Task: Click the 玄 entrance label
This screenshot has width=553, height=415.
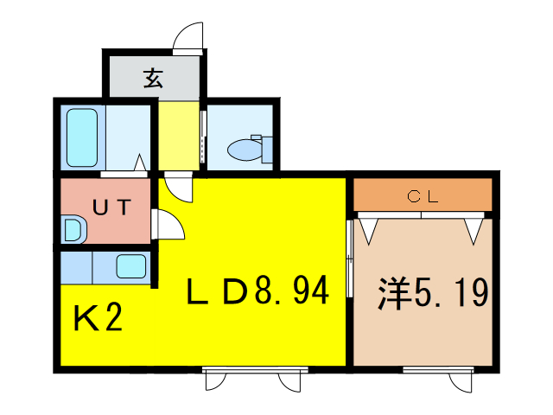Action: click(x=153, y=79)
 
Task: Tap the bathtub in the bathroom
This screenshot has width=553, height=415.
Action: click(x=82, y=137)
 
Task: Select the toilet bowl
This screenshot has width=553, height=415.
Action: click(x=245, y=150)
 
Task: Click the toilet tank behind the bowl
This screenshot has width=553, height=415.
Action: click(x=267, y=150)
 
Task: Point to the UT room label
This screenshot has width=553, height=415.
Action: click(x=111, y=207)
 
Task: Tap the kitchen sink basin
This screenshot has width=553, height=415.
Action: click(x=130, y=266)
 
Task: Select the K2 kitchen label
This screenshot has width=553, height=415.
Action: click(x=98, y=317)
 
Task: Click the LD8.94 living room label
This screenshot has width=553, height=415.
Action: click(x=257, y=290)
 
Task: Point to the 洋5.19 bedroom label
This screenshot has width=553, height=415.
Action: click(x=433, y=292)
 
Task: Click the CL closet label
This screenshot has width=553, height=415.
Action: click(x=423, y=196)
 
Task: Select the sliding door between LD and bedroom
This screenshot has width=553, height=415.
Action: click(x=349, y=259)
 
